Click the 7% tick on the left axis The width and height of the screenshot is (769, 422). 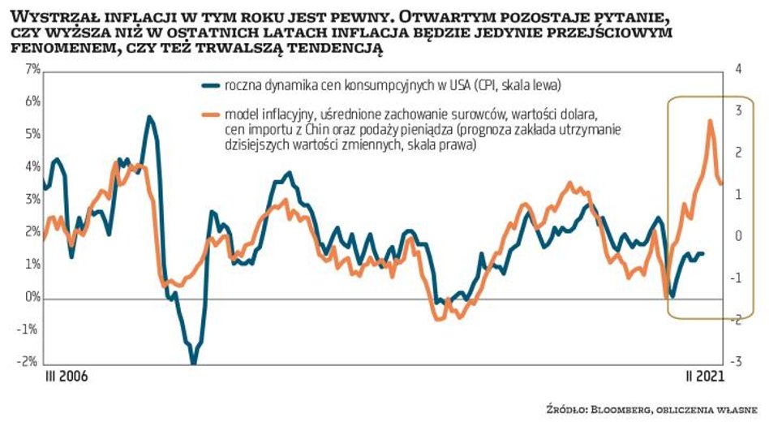(x=31, y=71)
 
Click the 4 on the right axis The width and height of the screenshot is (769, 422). (x=739, y=71)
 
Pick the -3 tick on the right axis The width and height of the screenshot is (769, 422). (x=738, y=362)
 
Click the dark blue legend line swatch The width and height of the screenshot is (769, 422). (x=209, y=84)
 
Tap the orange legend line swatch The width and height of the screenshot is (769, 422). (x=209, y=114)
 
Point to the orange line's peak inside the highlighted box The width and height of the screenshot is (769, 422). (x=711, y=121)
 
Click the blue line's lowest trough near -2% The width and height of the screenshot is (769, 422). (x=193, y=362)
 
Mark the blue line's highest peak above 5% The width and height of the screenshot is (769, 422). (x=149, y=117)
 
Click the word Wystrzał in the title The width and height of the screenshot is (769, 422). (x=48, y=16)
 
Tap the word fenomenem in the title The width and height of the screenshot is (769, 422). (x=60, y=48)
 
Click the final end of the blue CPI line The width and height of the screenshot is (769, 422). (x=703, y=253)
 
